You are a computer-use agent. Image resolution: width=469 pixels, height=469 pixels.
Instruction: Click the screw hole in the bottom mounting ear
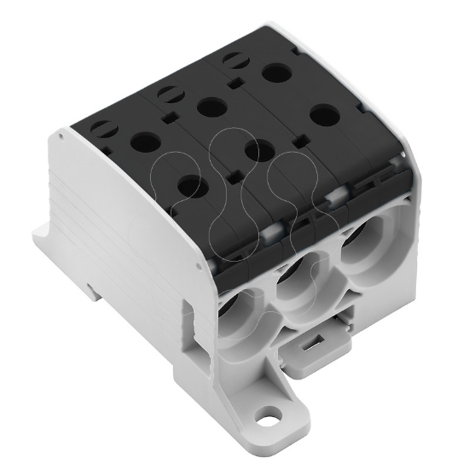click(x=271, y=420)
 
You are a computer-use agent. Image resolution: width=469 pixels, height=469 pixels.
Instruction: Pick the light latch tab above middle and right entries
click(x=335, y=196)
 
